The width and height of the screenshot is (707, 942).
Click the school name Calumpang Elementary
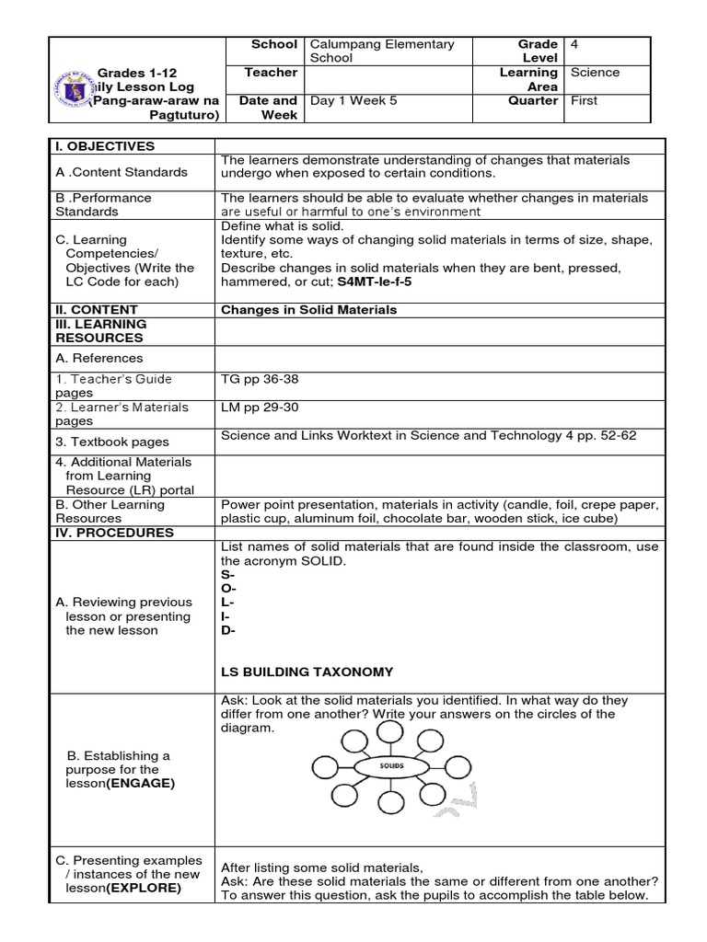pos(382,44)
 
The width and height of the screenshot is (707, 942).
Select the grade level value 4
pos(574,44)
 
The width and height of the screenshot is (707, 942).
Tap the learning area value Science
pos(595,72)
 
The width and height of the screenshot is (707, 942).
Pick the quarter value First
pos(585,101)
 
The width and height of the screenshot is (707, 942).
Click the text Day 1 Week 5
pos(354,101)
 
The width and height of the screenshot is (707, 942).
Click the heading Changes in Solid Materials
pos(308,310)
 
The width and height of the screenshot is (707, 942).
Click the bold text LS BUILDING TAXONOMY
pos(307,672)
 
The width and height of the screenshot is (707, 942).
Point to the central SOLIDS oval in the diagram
pos(393,764)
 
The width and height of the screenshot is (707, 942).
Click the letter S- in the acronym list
pos(226,574)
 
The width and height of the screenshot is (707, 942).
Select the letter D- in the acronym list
pos(227,630)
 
